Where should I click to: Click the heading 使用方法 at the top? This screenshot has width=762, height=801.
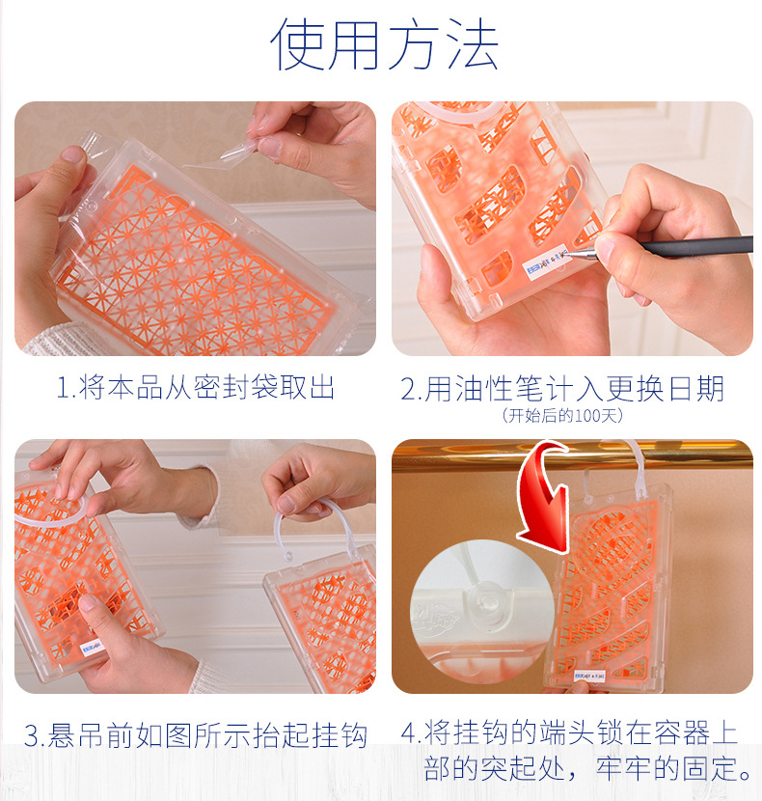(384, 44)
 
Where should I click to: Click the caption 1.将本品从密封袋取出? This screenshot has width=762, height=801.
(196, 389)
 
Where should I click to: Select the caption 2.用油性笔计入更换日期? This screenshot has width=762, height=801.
(561, 389)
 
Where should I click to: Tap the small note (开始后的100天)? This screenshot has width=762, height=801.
(562, 416)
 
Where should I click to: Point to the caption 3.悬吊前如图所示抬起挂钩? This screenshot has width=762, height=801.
(196, 736)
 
